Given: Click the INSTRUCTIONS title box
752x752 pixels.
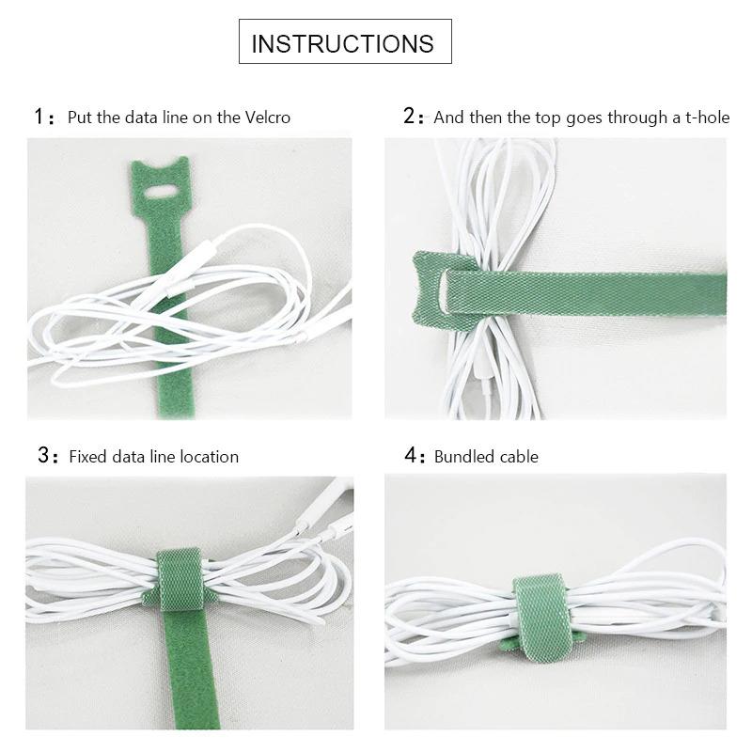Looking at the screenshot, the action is (345, 41).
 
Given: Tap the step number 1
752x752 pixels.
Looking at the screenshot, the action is (39, 117).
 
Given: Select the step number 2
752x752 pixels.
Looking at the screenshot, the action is (409, 116).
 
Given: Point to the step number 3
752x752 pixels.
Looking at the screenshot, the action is (43, 455).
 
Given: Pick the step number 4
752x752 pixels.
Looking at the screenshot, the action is (411, 455).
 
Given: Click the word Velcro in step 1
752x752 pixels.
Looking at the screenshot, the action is (268, 117).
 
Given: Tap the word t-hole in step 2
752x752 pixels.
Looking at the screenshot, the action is (708, 117).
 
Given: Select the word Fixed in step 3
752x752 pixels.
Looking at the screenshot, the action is (89, 457).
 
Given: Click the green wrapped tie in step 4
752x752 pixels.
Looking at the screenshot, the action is (542, 618).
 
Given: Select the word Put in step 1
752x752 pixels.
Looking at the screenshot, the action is (80, 117).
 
